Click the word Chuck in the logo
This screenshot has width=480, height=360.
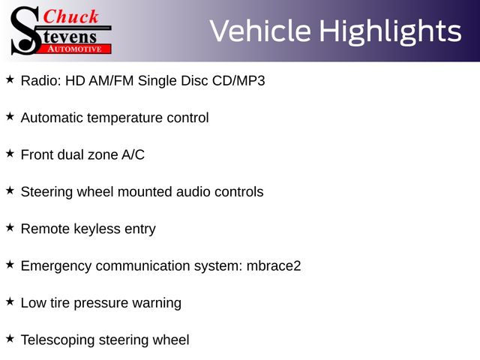[x=70, y=16]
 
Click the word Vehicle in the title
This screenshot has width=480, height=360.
[x=260, y=31]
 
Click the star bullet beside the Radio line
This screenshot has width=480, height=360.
[x=10, y=79]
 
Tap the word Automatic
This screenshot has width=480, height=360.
[x=52, y=118]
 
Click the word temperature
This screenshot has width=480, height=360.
[x=124, y=118]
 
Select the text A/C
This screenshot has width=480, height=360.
[x=133, y=154]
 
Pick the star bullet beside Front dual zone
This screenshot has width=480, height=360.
[x=10, y=154]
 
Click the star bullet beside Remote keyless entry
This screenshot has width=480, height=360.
[x=10, y=228]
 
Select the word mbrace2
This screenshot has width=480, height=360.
[x=274, y=265]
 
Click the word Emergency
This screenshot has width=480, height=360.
[x=56, y=266]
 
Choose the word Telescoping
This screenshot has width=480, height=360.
[x=58, y=340]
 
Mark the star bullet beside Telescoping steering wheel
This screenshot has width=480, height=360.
[x=10, y=339]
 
